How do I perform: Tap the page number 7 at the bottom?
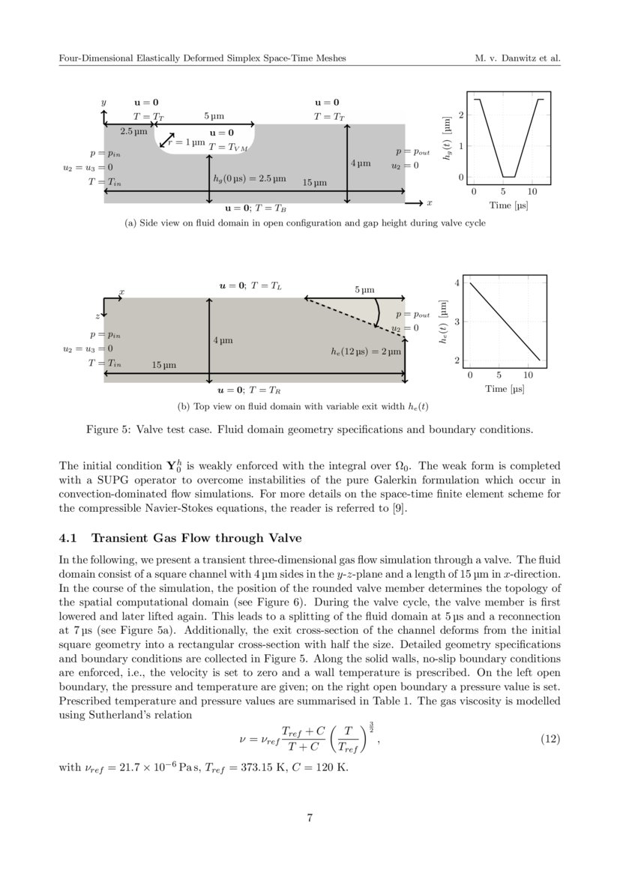[x=310, y=818]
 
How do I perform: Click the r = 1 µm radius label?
[x=187, y=142]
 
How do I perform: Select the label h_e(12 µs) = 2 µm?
[x=367, y=350]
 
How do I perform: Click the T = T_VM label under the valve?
[x=229, y=148]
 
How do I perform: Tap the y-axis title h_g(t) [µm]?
[x=448, y=138]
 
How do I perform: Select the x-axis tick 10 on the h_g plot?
[x=533, y=192]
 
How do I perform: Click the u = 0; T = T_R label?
[x=250, y=390]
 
